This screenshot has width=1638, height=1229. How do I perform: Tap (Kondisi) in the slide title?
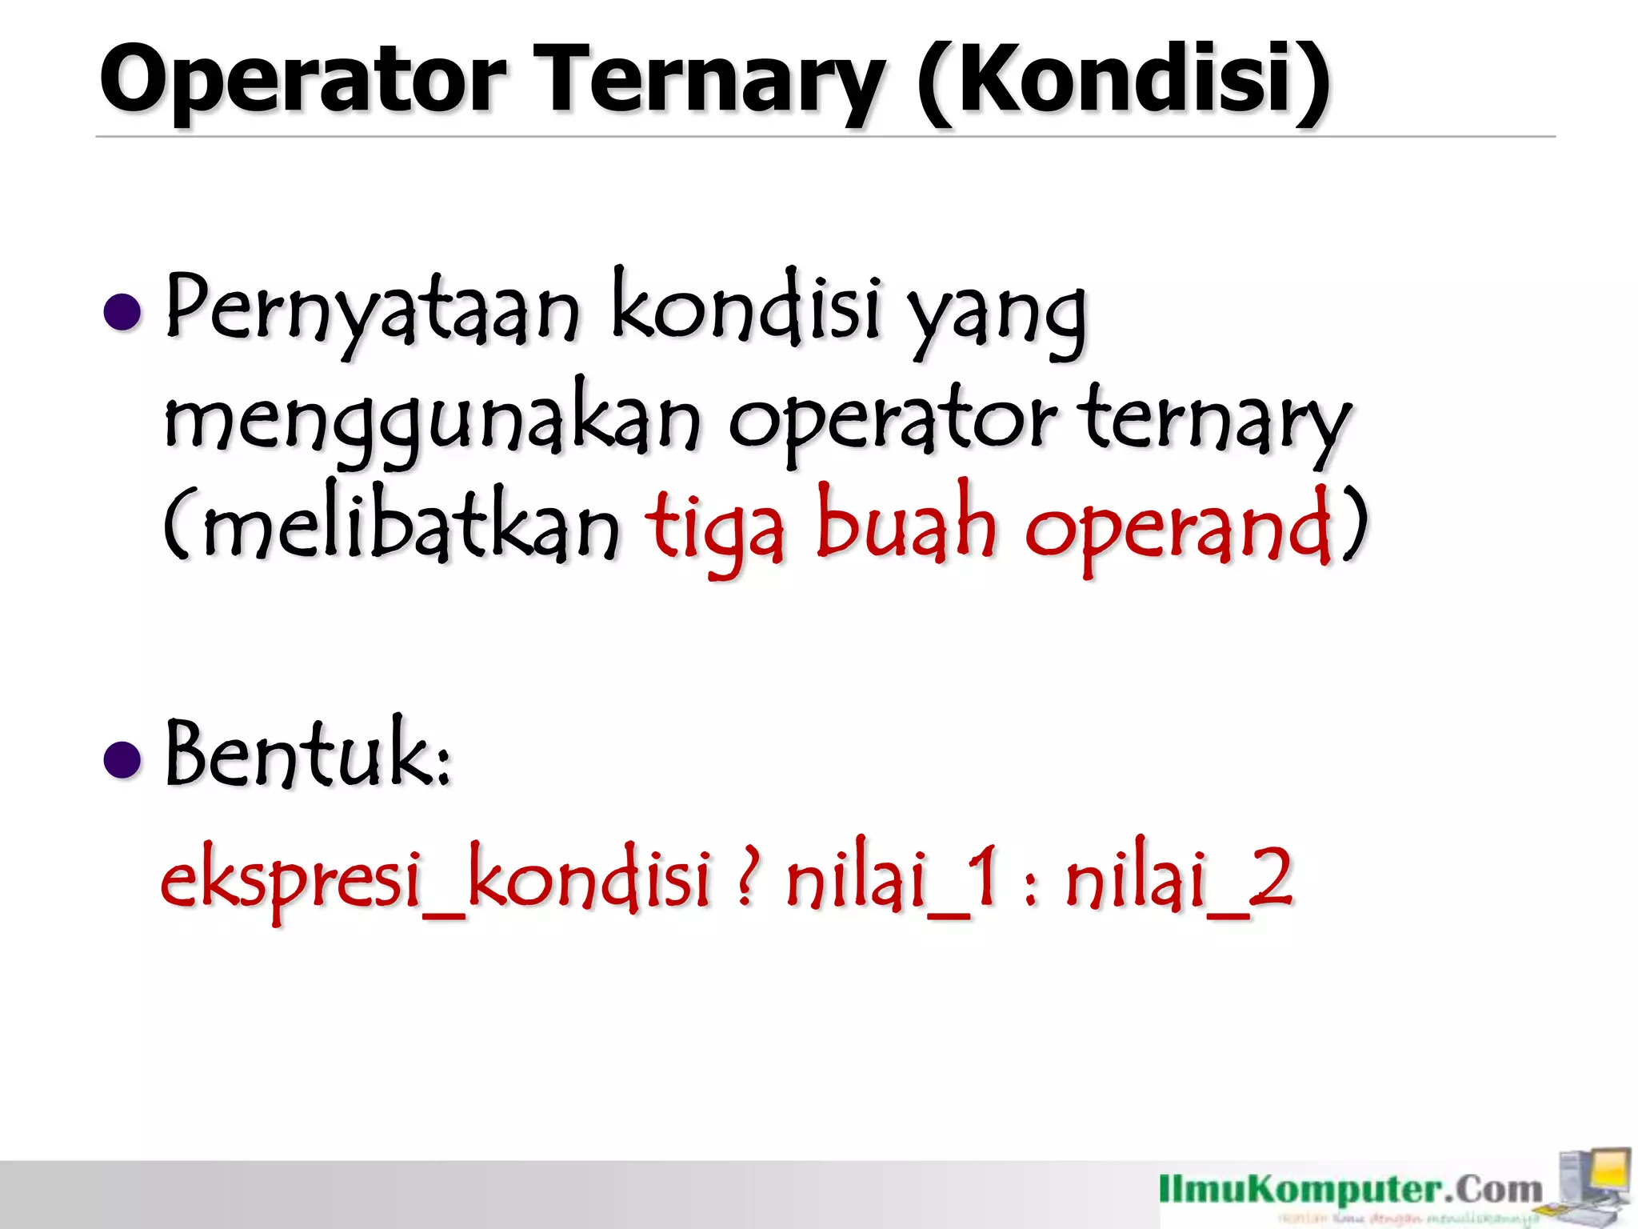(1123, 80)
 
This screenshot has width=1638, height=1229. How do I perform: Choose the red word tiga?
(715, 528)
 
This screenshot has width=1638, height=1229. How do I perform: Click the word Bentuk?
(309, 755)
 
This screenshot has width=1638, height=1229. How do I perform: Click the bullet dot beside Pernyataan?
(122, 312)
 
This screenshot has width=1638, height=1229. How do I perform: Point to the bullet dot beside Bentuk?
(122, 759)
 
